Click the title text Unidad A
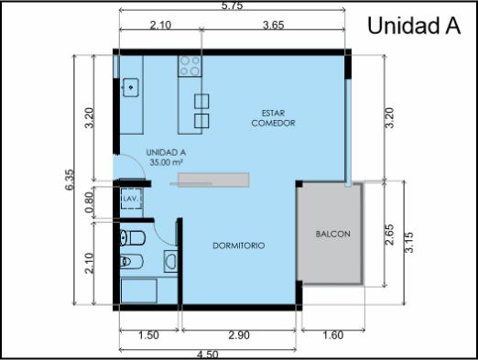click(414, 26)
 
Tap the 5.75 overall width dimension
click(232, 5)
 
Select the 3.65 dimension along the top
click(274, 25)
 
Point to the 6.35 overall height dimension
click(70, 180)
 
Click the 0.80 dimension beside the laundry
click(89, 202)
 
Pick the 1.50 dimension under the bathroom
click(148, 335)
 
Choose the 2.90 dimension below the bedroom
click(239, 335)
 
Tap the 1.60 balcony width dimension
click(333, 335)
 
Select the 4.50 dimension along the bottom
click(208, 355)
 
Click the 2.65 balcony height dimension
click(390, 235)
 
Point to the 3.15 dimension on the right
click(409, 243)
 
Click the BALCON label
click(333, 235)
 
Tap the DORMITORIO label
click(239, 245)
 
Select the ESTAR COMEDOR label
click(273, 118)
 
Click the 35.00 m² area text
click(166, 162)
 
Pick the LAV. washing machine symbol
click(132, 199)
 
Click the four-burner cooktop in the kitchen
click(190, 66)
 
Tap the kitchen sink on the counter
click(131, 88)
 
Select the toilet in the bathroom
click(132, 238)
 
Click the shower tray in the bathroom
click(139, 291)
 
